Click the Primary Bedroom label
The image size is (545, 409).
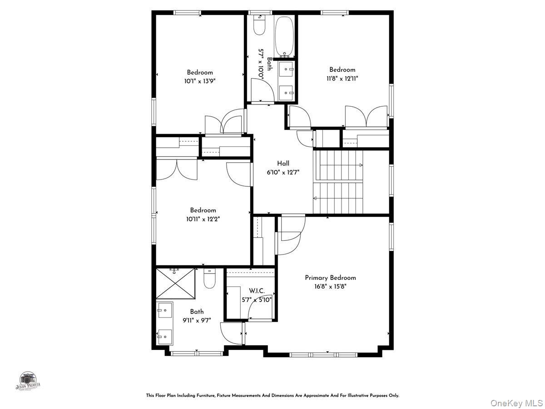tap(330, 278)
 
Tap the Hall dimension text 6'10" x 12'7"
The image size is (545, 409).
tap(283, 172)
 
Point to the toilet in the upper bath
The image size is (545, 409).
tap(259, 26)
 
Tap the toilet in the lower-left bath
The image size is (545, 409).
tap(209, 279)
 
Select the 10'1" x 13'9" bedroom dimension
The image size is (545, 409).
tap(199, 81)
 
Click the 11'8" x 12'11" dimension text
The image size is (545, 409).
tap(342, 79)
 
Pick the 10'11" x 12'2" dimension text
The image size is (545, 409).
tap(203, 219)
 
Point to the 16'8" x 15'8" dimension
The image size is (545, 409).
tap(330, 286)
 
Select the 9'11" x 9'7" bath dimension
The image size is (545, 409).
tap(197, 320)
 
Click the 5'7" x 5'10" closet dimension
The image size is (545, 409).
tap(256, 299)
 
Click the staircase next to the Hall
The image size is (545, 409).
tap(338, 182)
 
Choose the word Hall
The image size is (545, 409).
tap(283, 164)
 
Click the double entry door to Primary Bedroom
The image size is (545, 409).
tap(290, 235)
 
